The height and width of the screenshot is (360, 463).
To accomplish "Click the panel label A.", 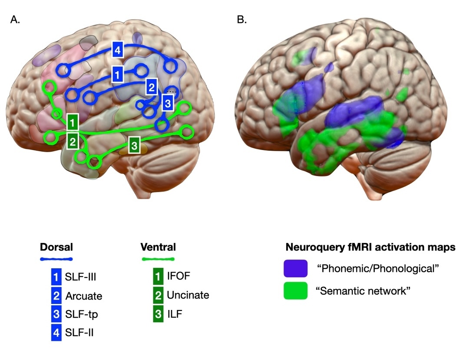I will tap(15, 20).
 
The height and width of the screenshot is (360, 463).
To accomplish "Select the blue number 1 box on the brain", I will tap(117, 75).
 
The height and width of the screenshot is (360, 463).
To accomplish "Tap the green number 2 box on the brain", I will tap(73, 140).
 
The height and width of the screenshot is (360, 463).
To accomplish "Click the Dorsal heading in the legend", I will tap(56, 247).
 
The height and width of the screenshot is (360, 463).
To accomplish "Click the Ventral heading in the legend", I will tap(158, 247).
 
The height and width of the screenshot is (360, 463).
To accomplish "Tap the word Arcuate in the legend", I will tap(84, 296).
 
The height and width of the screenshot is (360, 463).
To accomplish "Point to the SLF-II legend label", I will tap(79, 333).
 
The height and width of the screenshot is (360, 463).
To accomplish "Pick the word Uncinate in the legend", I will tap(188, 295).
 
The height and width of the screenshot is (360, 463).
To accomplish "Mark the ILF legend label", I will tap(175, 314).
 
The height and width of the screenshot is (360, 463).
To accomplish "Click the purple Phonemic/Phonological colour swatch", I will tap(295, 268).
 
